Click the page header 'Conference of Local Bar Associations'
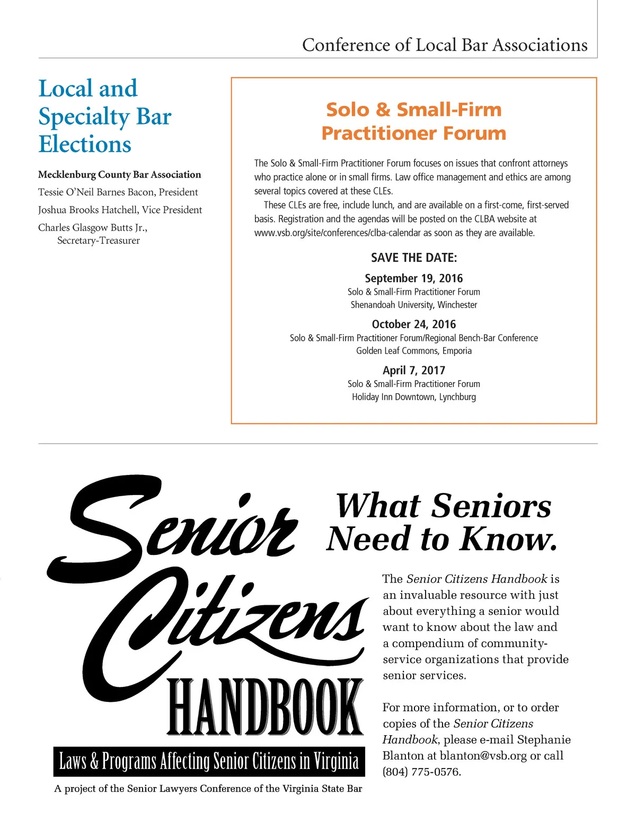tap(445, 45)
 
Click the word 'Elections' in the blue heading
tap(85, 144)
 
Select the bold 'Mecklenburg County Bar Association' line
tap(119, 174)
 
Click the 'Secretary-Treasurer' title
tap(99, 241)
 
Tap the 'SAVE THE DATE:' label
tap(414, 258)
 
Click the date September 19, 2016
tap(414, 278)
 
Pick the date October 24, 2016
tap(414, 324)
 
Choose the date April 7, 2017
tap(414, 371)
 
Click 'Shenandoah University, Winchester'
tap(414, 305)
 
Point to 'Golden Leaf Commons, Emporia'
tap(414, 351)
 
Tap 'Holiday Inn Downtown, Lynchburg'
tap(414, 397)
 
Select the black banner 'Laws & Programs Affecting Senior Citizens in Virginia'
tap(209, 761)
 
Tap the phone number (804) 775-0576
tap(422, 772)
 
